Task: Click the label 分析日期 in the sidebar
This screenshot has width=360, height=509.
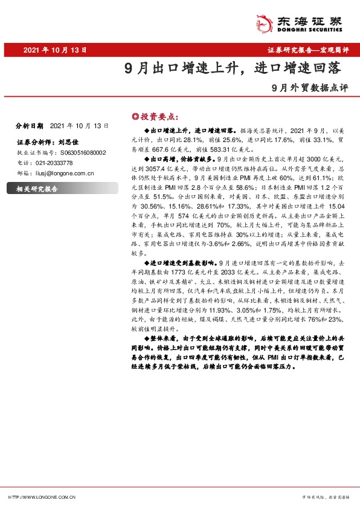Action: point(30,126)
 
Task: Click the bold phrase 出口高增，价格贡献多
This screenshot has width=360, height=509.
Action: point(178,156)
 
